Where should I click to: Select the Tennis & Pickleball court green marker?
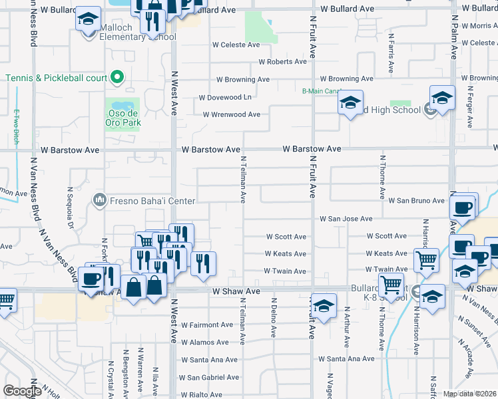[117, 77]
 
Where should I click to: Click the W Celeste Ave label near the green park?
[236, 45]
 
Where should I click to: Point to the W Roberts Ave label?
[283, 62]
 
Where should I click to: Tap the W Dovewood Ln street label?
[226, 97]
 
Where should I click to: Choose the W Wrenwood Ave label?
[231, 114]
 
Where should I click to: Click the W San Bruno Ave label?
[417, 200]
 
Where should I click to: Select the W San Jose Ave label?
[346, 218]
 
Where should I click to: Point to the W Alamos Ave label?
[208, 342]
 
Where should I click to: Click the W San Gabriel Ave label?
[212, 377]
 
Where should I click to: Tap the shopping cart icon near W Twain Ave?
[427, 260]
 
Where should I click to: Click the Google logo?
[22, 391]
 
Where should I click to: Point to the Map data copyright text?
[469, 394]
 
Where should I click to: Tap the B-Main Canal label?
[321, 91]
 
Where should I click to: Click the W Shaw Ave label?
[236, 291]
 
